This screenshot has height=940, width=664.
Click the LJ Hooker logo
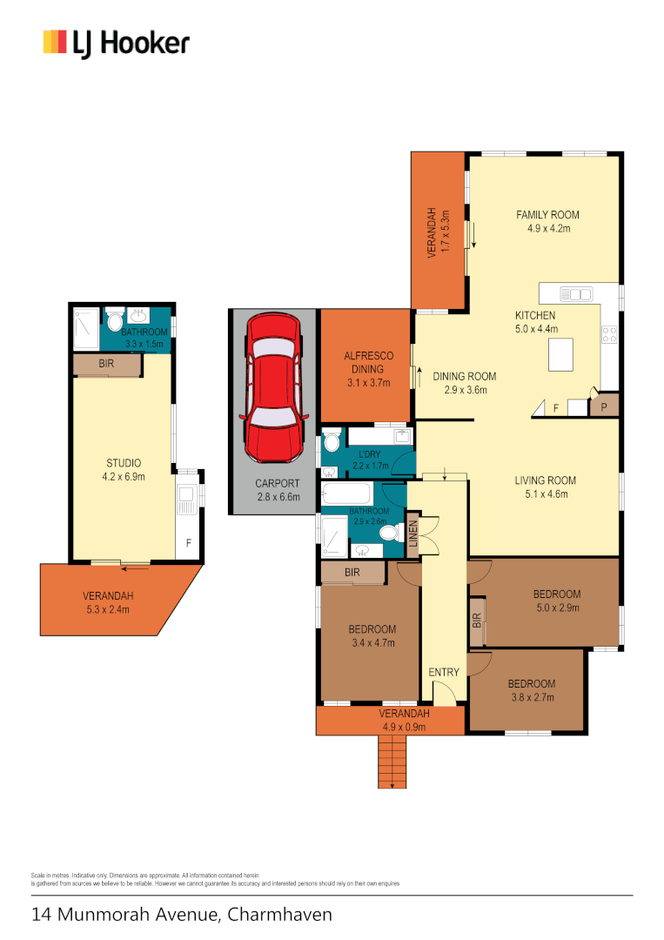[116, 43]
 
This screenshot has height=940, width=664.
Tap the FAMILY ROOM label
[547, 215]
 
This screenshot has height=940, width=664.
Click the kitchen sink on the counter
[575, 293]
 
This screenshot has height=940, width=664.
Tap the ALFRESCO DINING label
[366, 362]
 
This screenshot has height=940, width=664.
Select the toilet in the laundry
[332, 443]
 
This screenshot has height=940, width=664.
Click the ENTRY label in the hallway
[444, 673]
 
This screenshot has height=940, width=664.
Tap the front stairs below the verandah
[392, 761]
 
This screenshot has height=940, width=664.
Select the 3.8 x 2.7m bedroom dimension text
[531, 697]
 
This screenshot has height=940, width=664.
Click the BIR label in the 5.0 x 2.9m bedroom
[476, 621]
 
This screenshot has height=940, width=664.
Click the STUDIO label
[124, 463]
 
